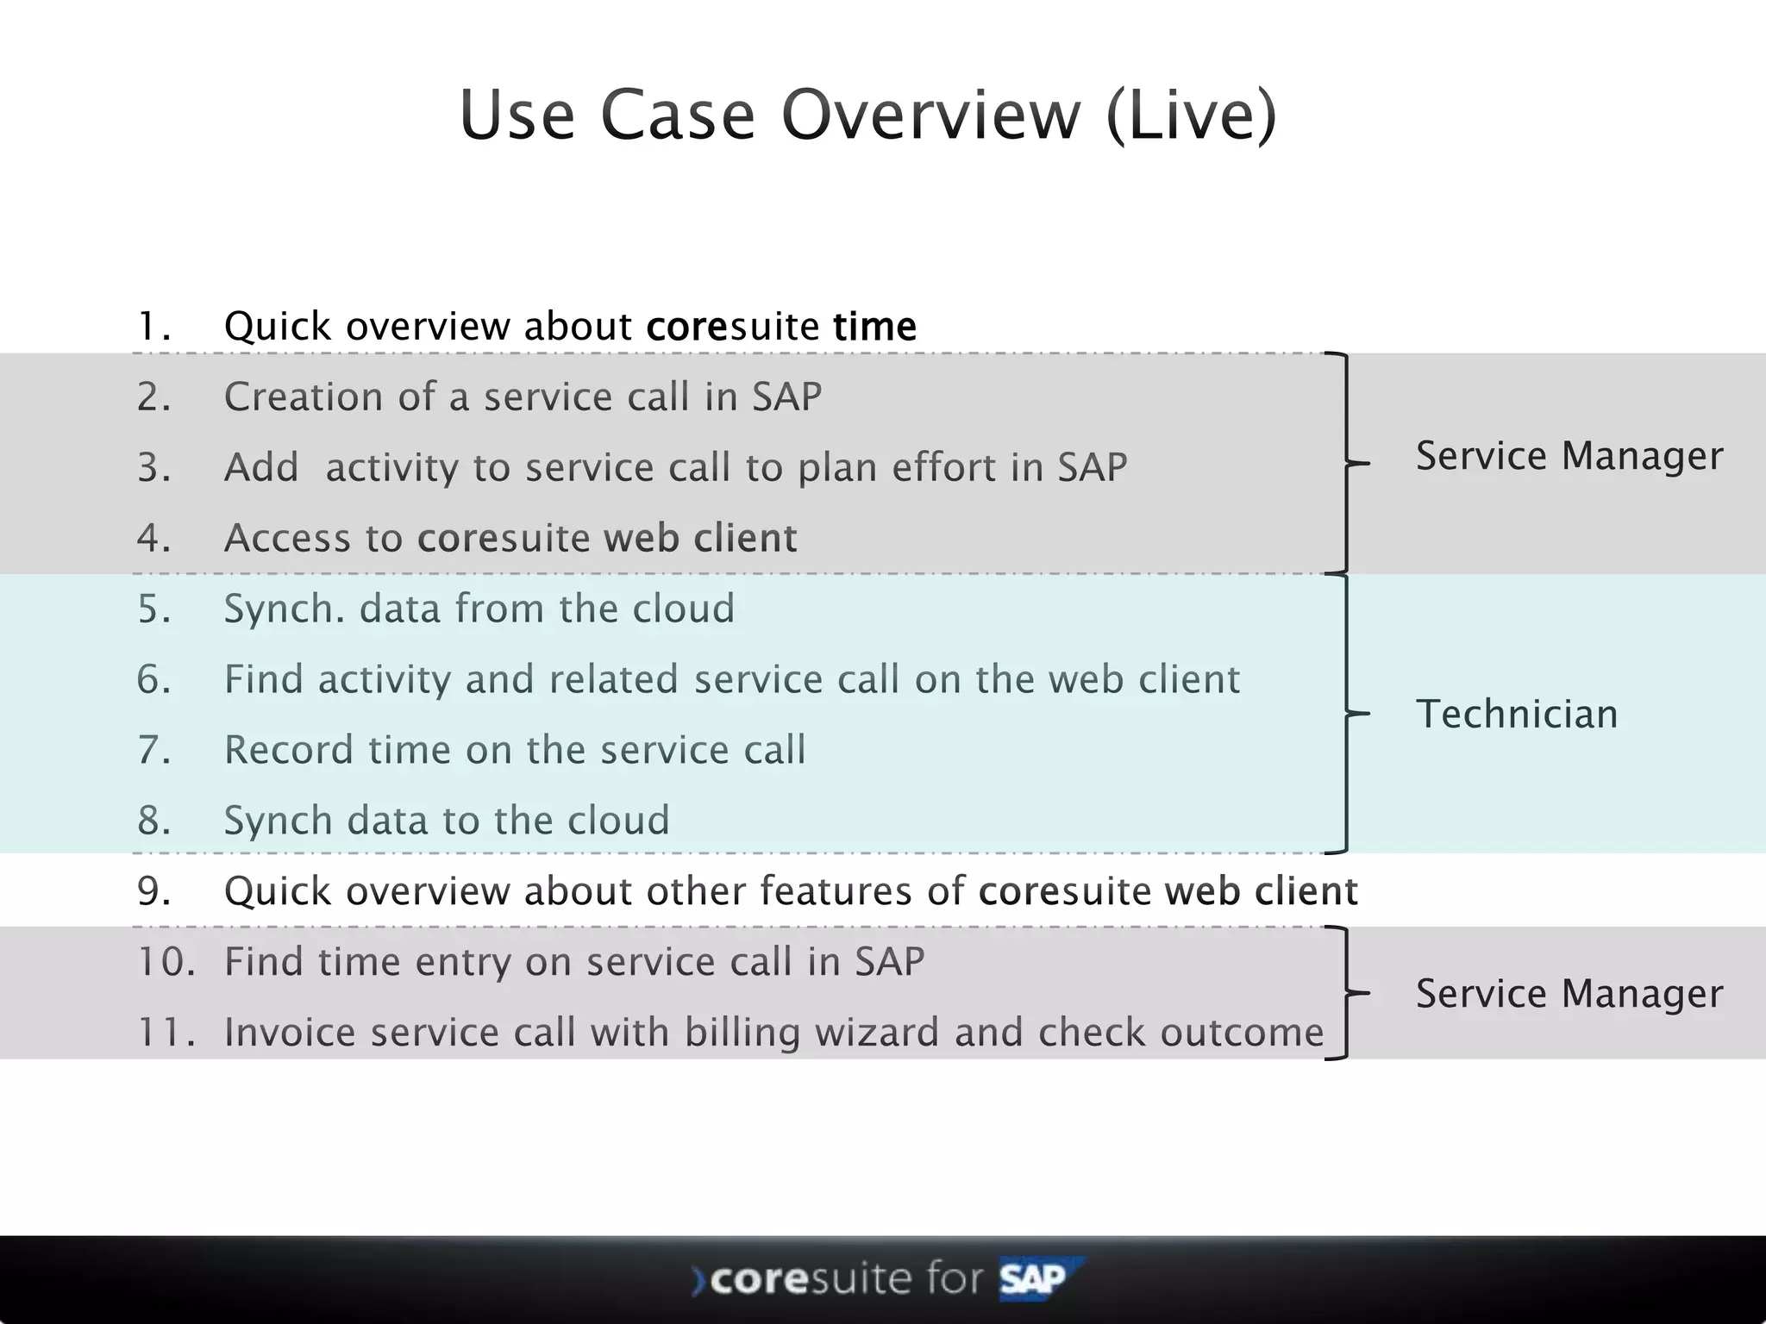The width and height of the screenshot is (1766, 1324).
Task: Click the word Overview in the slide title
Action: (x=930, y=115)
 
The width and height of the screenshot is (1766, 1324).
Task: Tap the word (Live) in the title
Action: (x=1191, y=115)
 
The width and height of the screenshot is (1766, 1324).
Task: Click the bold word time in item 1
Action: (x=874, y=327)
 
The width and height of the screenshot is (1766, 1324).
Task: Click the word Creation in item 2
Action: (x=303, y=397)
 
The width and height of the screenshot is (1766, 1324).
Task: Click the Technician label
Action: (x=1517, y=715)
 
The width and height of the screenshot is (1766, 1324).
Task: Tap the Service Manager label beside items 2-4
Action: (x=1569, y=456)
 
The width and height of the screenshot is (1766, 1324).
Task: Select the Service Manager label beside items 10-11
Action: (x=1569, y=994)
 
